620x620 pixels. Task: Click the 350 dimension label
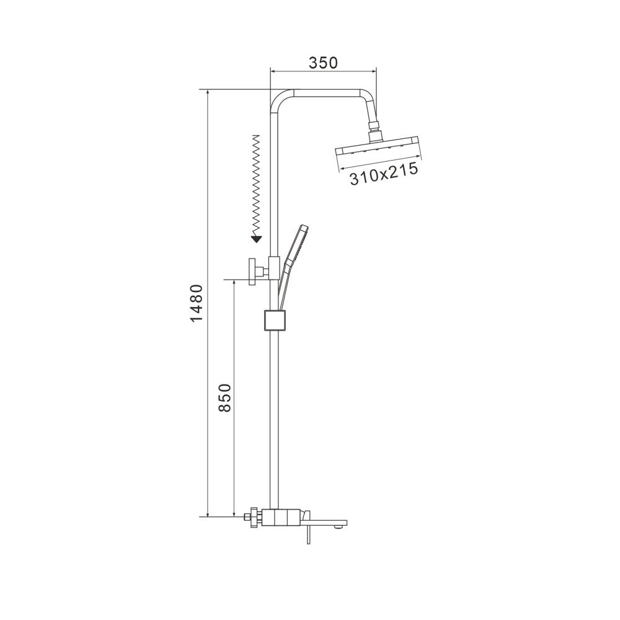[x=323, y=63]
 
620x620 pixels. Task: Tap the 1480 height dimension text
[x=197, y=303]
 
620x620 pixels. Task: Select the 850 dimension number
[x=224, y=398]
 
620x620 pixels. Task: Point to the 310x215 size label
[x=384, y=174]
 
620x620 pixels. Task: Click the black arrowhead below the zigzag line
[x=256, y=239]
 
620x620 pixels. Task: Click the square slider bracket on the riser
[x=274, y=321]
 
